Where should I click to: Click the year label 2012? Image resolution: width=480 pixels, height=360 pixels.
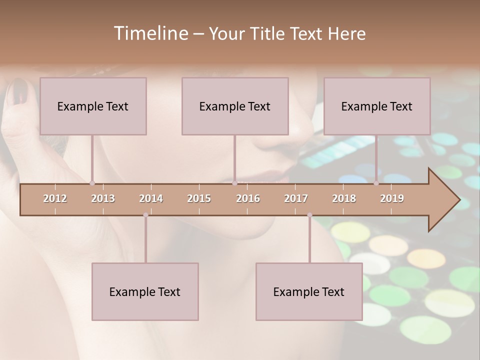(55, 198)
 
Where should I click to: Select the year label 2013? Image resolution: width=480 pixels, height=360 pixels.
(103, 198)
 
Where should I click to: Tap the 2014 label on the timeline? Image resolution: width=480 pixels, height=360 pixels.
(151, 198)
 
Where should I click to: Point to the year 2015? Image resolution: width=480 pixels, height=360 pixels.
(199, 198)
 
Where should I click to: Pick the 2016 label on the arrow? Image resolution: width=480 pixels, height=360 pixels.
(248, 198)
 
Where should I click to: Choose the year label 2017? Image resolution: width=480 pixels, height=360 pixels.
(296, 198)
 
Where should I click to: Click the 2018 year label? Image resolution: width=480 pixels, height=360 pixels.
(344, 198)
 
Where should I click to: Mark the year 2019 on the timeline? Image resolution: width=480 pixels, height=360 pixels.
(392, 198)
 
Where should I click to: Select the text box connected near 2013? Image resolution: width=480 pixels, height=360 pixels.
(93, 106)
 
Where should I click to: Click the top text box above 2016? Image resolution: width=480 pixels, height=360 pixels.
(235, 106)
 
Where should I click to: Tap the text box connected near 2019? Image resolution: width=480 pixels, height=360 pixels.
(377, 106)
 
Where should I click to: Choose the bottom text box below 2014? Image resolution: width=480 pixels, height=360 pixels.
(145, 291)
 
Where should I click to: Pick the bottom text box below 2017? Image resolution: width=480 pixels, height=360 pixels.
(309, 291)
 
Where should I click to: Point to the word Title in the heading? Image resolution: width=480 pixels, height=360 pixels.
(270, 33)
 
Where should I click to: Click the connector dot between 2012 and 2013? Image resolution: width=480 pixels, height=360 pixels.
(92, 183)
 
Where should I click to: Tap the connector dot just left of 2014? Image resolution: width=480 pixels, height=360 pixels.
(145, 215)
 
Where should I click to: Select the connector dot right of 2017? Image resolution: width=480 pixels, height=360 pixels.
(309, 215)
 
